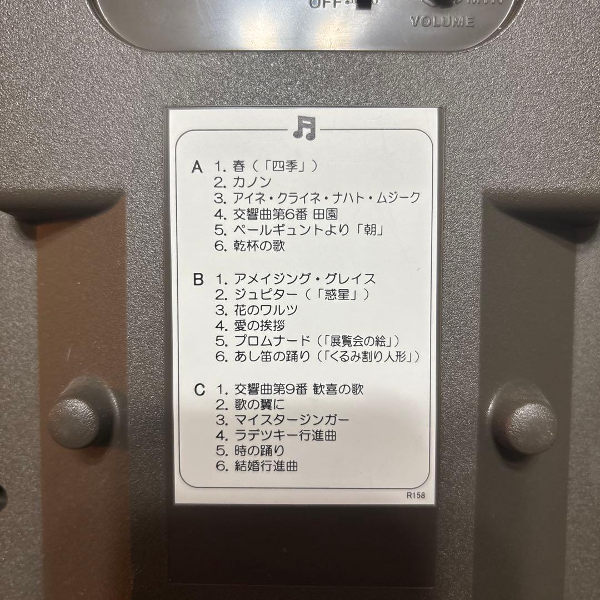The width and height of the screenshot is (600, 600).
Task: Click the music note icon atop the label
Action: [x=304, y=128]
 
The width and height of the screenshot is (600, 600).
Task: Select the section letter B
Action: [x=198, y=279]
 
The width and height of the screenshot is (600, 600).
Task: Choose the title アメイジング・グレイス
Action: [x=304, y=279]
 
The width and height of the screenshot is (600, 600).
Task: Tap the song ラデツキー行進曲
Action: [x=283, y=435]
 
